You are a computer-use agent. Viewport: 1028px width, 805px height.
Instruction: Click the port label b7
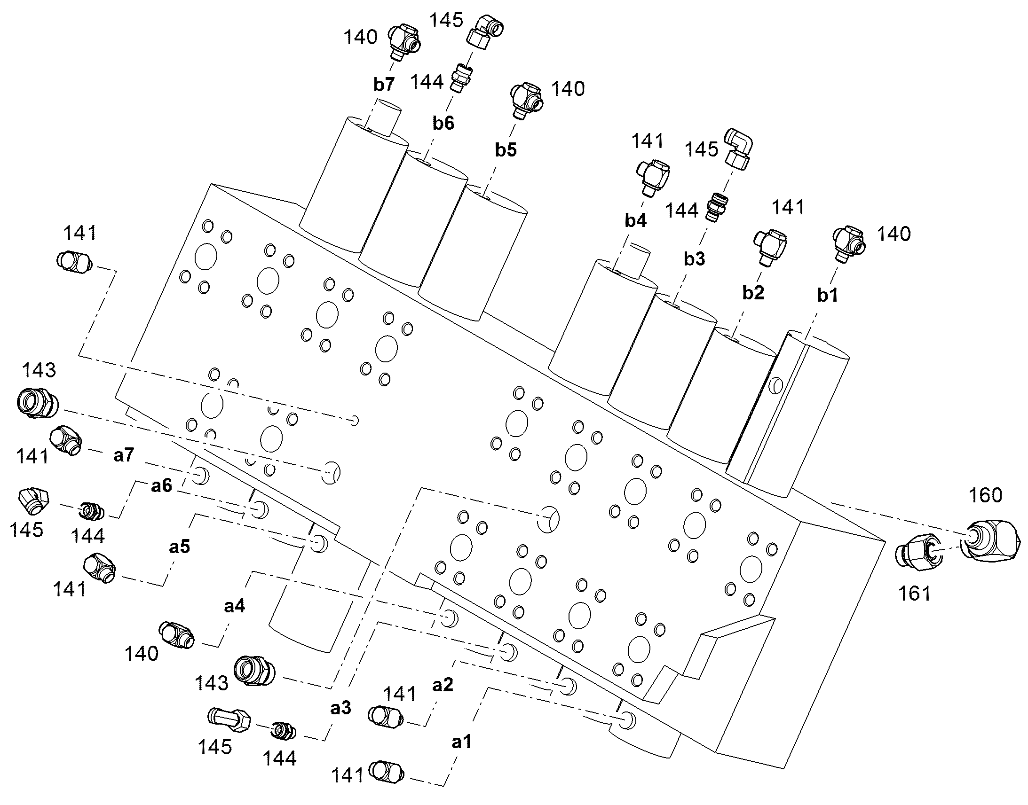pyautogui.click(x=383, y=85)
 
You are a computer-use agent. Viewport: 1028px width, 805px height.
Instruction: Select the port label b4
pyautogui.click(x=636, y=220)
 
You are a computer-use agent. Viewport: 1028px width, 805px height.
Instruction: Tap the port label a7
pyautogui.click(x=124, y=455)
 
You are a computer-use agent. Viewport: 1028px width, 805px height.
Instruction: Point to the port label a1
pyautogui.click(x=462, y=742)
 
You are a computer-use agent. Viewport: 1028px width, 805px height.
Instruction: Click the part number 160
pyautogui.click(x=986, y=495)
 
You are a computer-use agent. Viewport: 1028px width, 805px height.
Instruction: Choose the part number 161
pyautogui.click(x=915, y=594)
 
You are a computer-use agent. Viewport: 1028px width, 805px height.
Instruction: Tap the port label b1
pyautogui.click(x=828, y=295)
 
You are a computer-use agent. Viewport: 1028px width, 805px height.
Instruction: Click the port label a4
pyautogui.click(x=234, y=607)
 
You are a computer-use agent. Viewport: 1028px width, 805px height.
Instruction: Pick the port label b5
pyautogui.click(x=506, y=149)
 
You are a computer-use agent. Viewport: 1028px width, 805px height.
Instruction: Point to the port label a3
pyautogui.click(x=341, y=708)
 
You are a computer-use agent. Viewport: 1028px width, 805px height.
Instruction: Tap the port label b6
pyautogui.click(x=443, y=123)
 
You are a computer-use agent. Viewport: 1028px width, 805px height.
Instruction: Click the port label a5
pyautogui.click(x=180, y=547)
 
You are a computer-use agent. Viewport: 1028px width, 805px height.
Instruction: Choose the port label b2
pyautogui.click(x=753, y=293)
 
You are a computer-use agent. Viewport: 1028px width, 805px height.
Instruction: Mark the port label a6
pyautogui.click(x=162, y=485)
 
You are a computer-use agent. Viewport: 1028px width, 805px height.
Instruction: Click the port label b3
pyautogui.click(x=695, y=258)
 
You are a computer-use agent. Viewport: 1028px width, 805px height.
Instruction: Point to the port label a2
pyautogui.click(x=443, y=685)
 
